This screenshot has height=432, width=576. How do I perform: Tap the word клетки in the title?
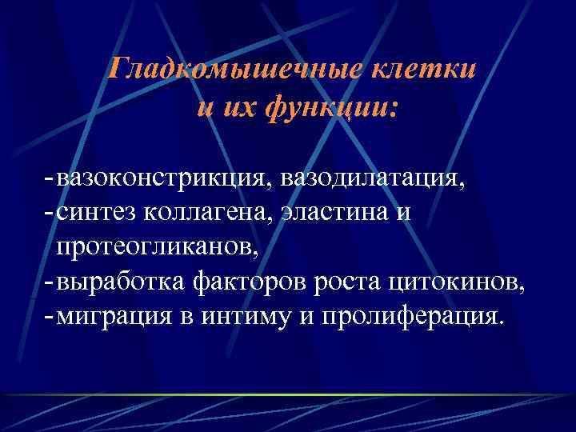[421, 69]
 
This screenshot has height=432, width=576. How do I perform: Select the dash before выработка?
[50, 282]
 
